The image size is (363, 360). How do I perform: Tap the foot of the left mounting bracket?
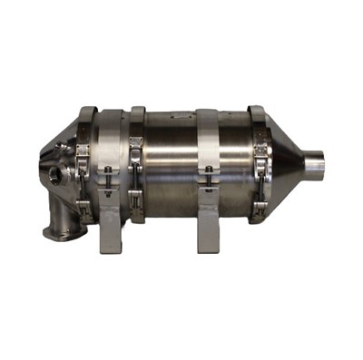point(110,243)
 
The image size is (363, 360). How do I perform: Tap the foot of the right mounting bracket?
point(206,243)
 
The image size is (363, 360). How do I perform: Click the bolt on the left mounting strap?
point(109,171)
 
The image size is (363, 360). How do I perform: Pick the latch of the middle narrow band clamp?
point(137,144)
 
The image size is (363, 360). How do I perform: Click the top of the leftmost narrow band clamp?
point(88,112)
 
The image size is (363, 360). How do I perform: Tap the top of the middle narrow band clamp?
point(138,112)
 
